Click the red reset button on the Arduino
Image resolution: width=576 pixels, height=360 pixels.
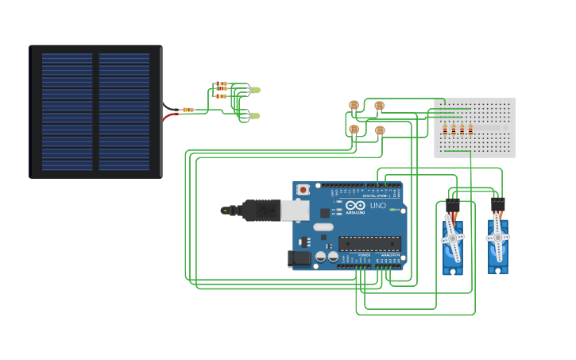[303, 189]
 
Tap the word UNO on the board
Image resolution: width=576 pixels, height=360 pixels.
[378, 206]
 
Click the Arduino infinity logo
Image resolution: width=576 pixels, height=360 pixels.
[356, 205]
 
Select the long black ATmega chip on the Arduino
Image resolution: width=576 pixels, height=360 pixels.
[369, 243]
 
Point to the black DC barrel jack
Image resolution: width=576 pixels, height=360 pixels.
[298, 257]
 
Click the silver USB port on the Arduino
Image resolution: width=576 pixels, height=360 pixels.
[295, 210]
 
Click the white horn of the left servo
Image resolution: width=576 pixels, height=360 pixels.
[453, 238]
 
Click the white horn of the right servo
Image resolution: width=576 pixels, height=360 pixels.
[498, 236]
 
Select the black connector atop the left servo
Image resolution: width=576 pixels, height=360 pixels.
[452, 206]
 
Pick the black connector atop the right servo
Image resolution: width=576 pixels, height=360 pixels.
[497, 205]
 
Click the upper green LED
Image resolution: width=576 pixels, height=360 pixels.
[255, 90]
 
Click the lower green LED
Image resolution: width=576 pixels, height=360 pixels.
[255, 116]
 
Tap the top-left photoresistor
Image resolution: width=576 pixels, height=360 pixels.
[354, 104]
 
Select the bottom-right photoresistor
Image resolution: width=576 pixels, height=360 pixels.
[380, 130]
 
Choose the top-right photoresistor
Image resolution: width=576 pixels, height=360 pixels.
[379, 106]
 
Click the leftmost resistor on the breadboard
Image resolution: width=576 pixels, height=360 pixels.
[445, 130]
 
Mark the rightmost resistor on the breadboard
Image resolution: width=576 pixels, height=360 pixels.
[470, 130]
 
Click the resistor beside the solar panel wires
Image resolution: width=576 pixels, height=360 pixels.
[187, 110]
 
